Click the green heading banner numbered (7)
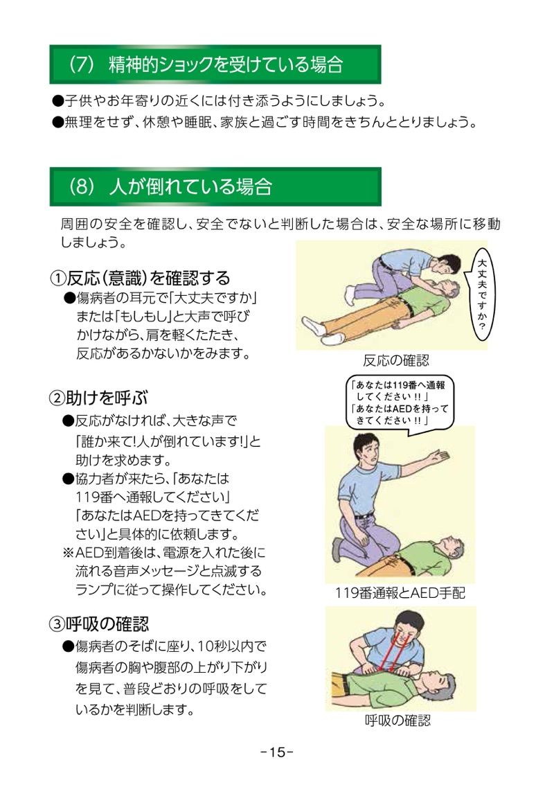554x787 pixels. click(x=215, y=64)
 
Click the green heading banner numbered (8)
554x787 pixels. click(x=215, y=187)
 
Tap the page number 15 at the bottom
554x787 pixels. click(x=277, y=752)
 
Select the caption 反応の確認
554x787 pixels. click(x=396, y=360)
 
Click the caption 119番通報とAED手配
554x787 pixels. click(x=400, y=593)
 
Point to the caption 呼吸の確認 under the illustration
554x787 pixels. click(x=397, y=720)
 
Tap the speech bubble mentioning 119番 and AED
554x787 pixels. click(x=400, y=403)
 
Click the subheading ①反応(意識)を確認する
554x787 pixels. click(x=140, y=278)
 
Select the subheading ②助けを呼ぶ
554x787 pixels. click(x=98, y=398)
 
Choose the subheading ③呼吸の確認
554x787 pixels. click(x=99, y=624)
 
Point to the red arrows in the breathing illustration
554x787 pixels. click(x=391, y=651)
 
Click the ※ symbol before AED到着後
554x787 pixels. click(x=68, y=553)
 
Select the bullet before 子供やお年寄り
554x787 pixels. click(x=57, y=101)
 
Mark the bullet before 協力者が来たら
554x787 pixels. click(x=69, y=479)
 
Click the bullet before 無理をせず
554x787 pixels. click(x=57, y=123)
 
